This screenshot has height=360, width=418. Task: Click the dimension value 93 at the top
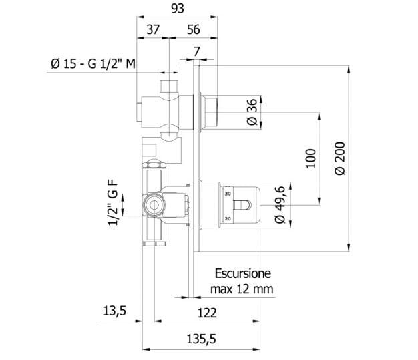point(178,9)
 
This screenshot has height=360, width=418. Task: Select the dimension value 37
point(153,29)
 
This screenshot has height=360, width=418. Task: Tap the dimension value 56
point(193,29)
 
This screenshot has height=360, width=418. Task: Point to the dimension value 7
point(197,51)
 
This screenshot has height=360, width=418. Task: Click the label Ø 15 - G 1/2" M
point(93,64)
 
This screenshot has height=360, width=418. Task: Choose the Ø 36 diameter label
point(252,112)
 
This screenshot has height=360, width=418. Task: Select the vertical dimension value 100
point(310,158)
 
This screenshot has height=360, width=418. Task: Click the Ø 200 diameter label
point(340,158)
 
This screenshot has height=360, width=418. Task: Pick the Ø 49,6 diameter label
point(280,205)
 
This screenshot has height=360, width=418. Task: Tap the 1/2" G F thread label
point(113,202)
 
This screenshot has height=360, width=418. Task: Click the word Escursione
point(243,274)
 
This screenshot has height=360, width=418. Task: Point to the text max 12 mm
point(242,289)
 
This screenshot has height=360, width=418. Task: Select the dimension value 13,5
point(115,311)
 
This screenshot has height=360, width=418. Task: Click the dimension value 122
point(207,313)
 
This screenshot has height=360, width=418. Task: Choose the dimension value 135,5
point(201,339)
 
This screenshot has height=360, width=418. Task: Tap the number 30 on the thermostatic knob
point(228,194)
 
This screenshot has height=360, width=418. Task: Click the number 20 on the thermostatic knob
point(228,219)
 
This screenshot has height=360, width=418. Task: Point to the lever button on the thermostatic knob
point(242,205)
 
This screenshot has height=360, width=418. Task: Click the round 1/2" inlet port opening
point(154,205)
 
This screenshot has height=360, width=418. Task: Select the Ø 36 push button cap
point(211,112)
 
